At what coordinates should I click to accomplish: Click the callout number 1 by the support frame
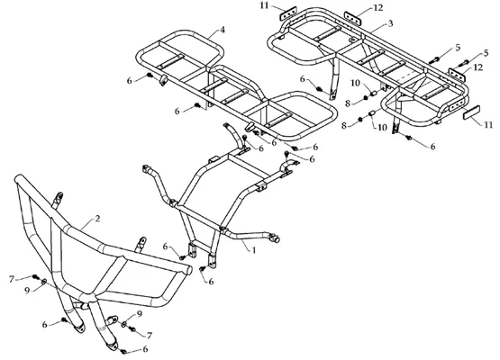(x=254, y=250)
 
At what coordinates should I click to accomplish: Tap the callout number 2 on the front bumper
(x=97, y=219)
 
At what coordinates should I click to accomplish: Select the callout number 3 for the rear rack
(x=390, y=23)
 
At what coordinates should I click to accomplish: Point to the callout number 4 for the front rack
(x=223, y=30)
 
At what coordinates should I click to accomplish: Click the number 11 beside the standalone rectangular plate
(x=488, y=125)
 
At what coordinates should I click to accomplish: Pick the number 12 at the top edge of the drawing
(x=377, y=7)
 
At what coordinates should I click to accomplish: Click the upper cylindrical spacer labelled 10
(x=373, y=94)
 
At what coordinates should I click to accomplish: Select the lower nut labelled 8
(x=360, y=119)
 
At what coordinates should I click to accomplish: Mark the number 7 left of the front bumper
(x=12, y=279)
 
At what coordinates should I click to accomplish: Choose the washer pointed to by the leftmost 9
(x=43, y=282)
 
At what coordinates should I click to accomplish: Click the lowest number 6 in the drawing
(x=145, y=349)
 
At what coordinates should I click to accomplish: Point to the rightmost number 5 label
(x=486, y=53)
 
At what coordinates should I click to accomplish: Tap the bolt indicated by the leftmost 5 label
(x=434, y=59)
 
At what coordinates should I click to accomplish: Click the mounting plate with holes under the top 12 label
(x=352, y=17)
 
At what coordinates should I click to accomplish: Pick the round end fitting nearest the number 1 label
(x=275, y=238)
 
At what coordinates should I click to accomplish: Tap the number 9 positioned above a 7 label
(x=139, y=314)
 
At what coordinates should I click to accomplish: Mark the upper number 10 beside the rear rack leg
(x=355, y=83)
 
